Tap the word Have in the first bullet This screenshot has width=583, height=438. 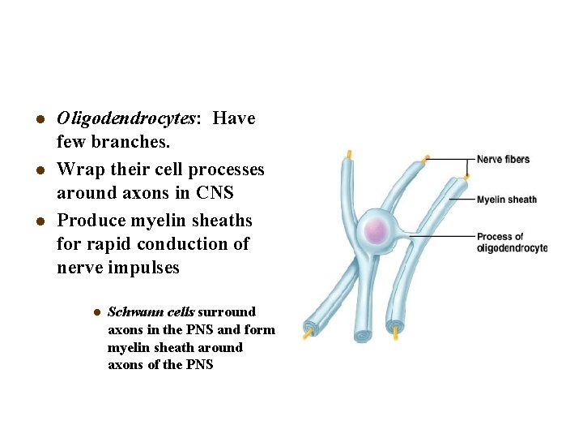pos(234,118)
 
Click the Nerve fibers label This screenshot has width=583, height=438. pos(503,159)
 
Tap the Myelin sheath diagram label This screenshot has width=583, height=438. pos(506,200)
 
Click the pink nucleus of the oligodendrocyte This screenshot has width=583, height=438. pos(375,232)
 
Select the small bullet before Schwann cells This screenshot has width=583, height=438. pos(95,312)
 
